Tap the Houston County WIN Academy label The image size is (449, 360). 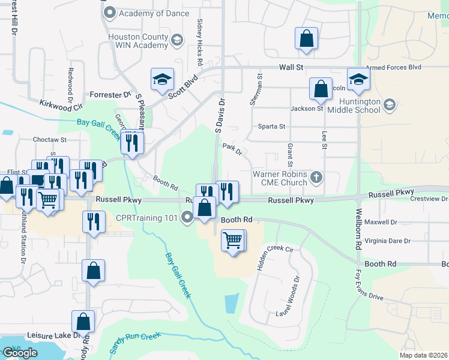click(137, 41)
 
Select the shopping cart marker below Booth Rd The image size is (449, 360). click(233, 241)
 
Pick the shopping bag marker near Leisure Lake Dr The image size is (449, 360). click(83, 322)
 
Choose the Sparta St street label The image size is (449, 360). click(271, 127)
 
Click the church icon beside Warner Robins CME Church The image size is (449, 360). click(317, 178)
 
